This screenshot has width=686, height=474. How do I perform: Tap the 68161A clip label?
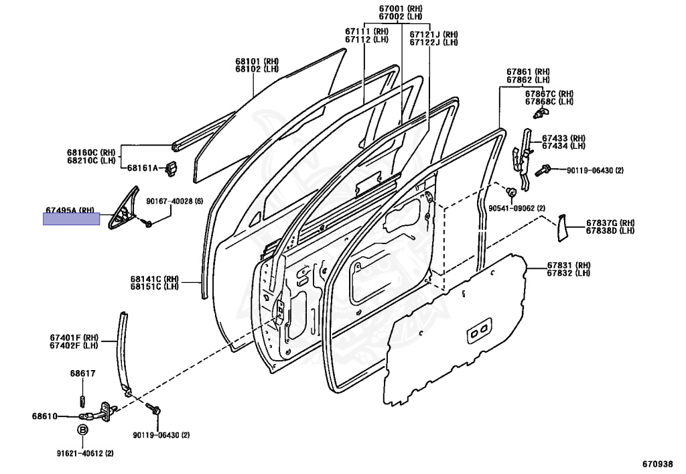click(143, 168)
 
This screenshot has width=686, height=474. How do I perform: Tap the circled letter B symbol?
click(83, 430)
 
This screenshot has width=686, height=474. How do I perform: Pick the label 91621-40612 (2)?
click(85, 454)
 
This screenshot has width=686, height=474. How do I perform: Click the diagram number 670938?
click(659, 463)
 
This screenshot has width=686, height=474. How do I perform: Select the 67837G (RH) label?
click(610, 223)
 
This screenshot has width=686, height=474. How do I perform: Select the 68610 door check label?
click(44, 416)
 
